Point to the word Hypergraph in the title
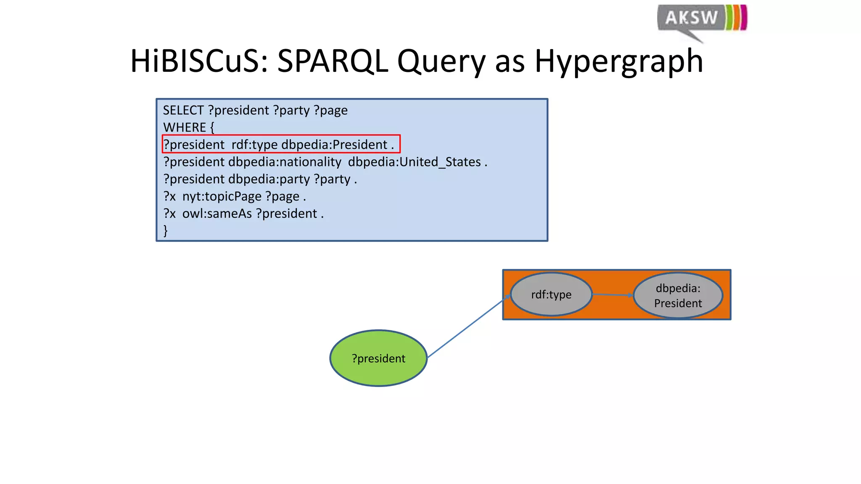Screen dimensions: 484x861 [x=618, y=61]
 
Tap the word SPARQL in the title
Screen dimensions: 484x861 [x=332, y=61]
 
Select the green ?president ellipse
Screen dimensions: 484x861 [x=378, y=358]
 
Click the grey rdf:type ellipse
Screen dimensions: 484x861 [x=551, y=295]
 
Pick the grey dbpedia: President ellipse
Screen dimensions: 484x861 [x=678, y=295]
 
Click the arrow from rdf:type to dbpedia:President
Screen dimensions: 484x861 [x=613, y=295]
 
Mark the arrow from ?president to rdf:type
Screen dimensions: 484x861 [x=467, y=327]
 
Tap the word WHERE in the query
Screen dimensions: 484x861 [x=185, y=127]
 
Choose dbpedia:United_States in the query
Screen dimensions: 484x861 [x=414, y=162]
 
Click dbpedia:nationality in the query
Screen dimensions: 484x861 [x=285, y=162]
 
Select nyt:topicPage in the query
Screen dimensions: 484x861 [x=222, y=196]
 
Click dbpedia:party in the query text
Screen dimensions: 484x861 [x=269, y=179]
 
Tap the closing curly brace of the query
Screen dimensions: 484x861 [x=166, y=230]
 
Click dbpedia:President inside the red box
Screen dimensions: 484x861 [x=334, y=145]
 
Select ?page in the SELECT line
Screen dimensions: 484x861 [x=330, y=110]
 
